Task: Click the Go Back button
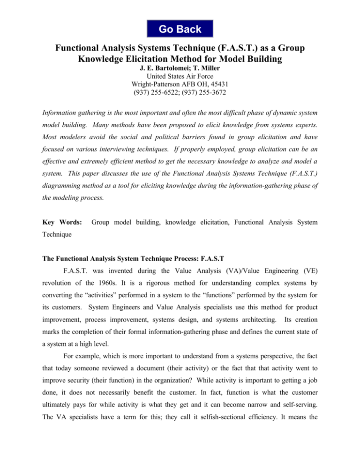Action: (x=180, y=29)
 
